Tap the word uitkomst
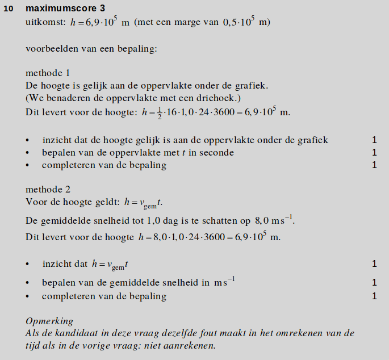pos(45,23)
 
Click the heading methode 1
pos(48,73)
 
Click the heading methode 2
pos(48,189)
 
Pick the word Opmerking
pos(49,321)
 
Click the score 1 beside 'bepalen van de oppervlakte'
pos(374,152)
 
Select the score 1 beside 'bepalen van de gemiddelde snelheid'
pos(374,282)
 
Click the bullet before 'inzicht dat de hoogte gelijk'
pos(28,140)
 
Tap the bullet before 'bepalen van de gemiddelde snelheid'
pos(28,282)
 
